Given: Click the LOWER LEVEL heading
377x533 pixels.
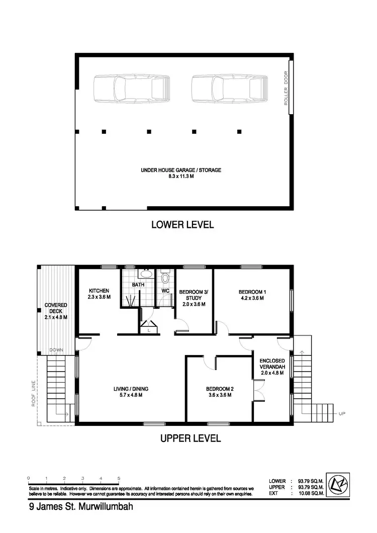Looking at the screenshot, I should point(182,225).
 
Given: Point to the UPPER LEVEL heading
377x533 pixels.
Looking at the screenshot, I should point(191,438).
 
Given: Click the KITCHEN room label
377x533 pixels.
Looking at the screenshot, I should point(99,294).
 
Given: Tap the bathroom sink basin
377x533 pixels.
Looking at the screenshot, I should point(146,275).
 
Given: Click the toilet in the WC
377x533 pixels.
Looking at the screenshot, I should point(165,277).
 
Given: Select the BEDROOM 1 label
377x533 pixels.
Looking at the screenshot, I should point(251,295).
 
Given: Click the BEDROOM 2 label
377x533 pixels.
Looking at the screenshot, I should point(220,392).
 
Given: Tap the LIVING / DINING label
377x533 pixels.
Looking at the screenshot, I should point(130,392).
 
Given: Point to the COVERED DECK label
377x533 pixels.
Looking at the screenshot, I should point(56,311).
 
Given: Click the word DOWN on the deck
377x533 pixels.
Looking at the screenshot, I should point(56,349).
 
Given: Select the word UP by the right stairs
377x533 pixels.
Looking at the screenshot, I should point(342,414).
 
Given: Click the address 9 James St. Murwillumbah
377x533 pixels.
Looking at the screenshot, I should point(81,507).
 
